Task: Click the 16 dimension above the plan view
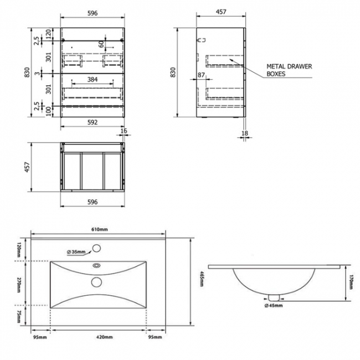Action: pos(124,132)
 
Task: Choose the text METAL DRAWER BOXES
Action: pos(289,69)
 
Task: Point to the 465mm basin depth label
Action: pos(203,282)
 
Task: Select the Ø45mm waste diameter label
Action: pos(274,305)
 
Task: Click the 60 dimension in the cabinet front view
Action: pos(101,44)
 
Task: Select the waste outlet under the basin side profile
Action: pos(271,296)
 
